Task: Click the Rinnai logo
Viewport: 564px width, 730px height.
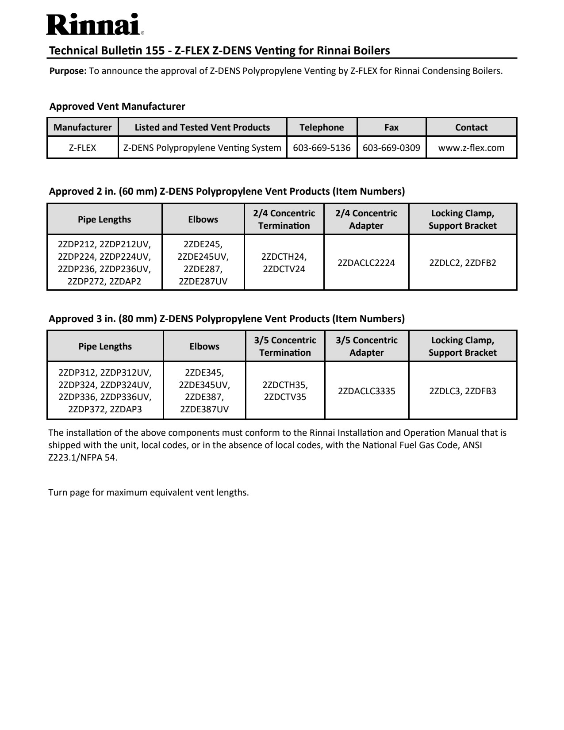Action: click(95, 25)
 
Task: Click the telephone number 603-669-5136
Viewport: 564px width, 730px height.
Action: click(322, 148)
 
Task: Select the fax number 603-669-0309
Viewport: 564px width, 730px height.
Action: click(391, 148)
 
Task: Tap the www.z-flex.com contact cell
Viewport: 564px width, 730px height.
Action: click(471, 148)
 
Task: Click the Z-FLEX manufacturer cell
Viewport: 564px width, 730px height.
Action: click(82, 148)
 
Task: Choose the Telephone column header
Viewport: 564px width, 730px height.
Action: click(322, 127)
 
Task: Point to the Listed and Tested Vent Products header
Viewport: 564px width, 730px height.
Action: click(202, 127)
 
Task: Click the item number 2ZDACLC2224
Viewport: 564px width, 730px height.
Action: click(366, 263)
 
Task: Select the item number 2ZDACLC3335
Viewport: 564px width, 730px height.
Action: click(367, 391)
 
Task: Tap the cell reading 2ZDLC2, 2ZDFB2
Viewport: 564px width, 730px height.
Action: click(463, 263)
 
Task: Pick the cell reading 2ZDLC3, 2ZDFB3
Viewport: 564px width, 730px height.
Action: click(463, 391)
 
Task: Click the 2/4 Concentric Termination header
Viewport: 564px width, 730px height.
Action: click(284, 219)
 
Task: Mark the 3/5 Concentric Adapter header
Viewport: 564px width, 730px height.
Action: click(367, 346)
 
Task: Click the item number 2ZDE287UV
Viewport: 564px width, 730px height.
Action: click(203, 281)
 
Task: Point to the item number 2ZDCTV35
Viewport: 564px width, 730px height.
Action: click(285, 397)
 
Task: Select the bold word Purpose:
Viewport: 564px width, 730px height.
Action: click(68, 71)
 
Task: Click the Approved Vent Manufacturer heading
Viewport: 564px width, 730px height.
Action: click(117, 106)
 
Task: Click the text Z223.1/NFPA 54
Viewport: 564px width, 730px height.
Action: click(83, 457)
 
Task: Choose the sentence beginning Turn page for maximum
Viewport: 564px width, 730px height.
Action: click(149, 492)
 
